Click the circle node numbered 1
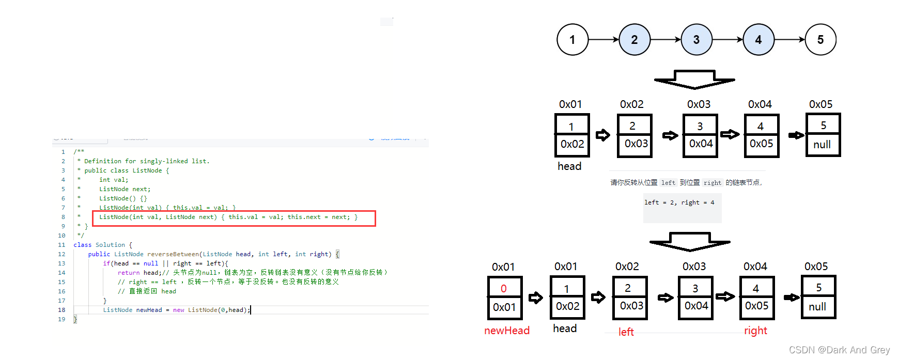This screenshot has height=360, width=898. point(572,40)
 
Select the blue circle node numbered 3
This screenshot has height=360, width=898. point(696,40)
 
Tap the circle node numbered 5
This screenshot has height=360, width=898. point(820,40)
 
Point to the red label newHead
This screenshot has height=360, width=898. point(506,331)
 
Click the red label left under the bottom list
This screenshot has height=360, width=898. point(626,332)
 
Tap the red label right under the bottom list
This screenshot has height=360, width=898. point(755,331)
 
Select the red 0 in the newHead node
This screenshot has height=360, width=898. point(504,289)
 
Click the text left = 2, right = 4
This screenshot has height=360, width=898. point(679,202)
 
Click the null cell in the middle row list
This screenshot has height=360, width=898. point(822,145)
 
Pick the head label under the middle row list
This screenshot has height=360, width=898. point(569,166)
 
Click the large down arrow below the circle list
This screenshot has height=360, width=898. point(694,80)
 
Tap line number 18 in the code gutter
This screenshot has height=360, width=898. point(61,310)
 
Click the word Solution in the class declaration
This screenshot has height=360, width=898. point(110,245)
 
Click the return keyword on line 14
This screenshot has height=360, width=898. point(129,273)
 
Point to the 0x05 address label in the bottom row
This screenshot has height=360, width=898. point(816,267)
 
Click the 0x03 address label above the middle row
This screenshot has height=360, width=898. point(699,104)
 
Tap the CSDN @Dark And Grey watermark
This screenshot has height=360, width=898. point(839,350)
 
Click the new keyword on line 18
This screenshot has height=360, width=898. point(178,310)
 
